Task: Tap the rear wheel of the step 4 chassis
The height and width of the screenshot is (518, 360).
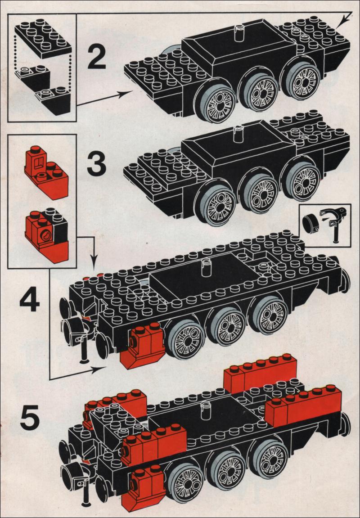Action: (271, 314)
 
